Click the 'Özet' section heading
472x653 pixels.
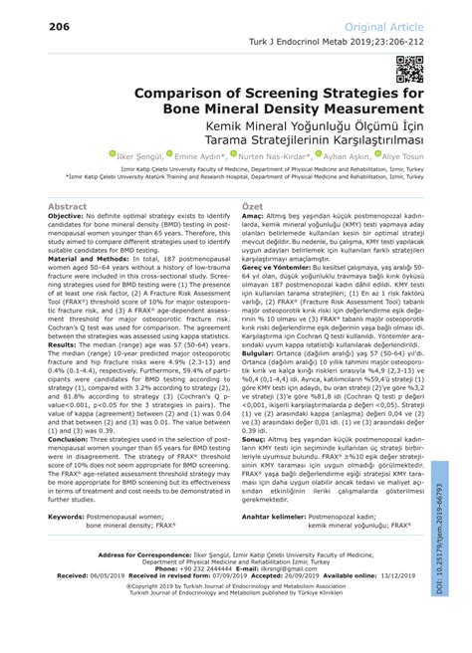[x=251, y=206]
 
